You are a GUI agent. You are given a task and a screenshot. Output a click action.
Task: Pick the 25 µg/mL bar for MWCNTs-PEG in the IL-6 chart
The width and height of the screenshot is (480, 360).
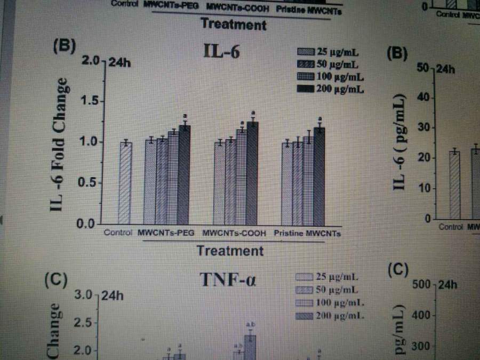(150, 181)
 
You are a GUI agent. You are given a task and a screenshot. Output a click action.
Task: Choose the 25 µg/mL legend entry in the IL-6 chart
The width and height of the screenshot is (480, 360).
(330, 52)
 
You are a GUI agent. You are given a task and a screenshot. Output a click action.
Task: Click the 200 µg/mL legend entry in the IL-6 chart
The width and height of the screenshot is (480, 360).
(330, 89)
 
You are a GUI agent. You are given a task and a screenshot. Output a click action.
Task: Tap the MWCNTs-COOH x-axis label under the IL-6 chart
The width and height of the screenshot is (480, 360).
(233, 234)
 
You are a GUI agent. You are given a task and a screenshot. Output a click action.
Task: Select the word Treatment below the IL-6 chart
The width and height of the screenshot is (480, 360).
(229, 250)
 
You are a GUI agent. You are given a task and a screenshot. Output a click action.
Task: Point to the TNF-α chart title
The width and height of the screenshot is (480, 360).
(228, 279)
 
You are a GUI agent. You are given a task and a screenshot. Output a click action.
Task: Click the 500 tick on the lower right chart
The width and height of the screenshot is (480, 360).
(421, 285)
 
